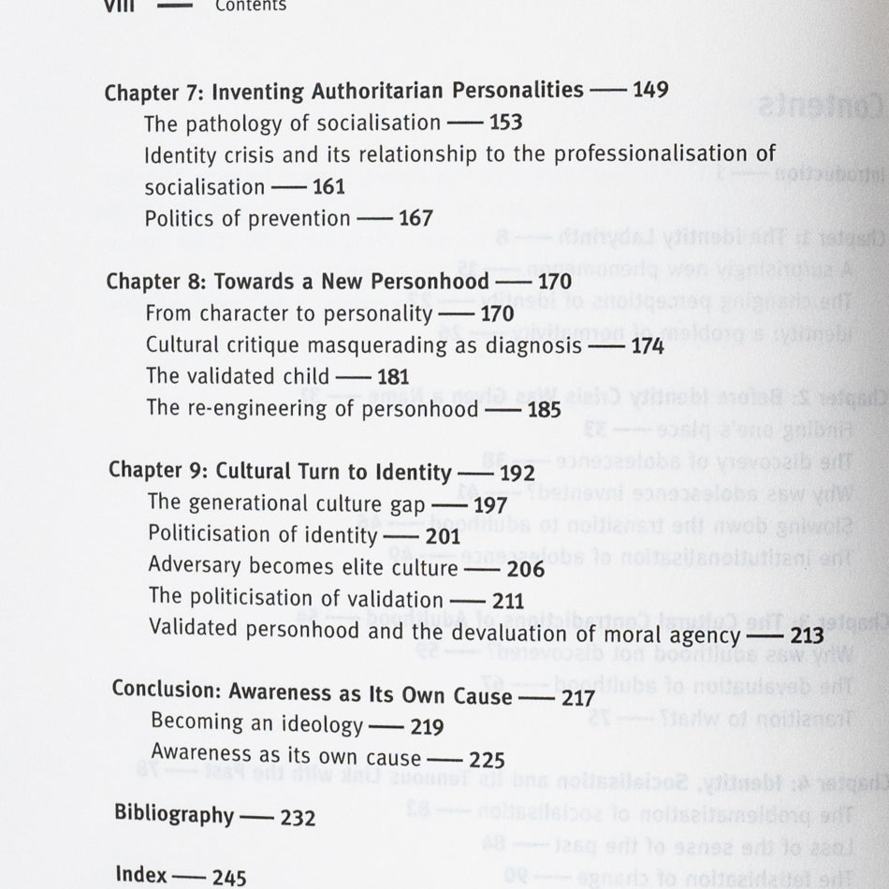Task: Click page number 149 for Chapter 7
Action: [x=650, y=91]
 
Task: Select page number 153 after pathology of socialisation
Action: [x=504, y=123]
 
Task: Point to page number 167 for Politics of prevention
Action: [x=415, y=218]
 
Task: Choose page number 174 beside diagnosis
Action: [x=646, y=346]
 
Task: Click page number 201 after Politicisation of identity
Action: [x=443, y=537]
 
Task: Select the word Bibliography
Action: [x=174, y=813]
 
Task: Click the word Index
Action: [x=141, y=875]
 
